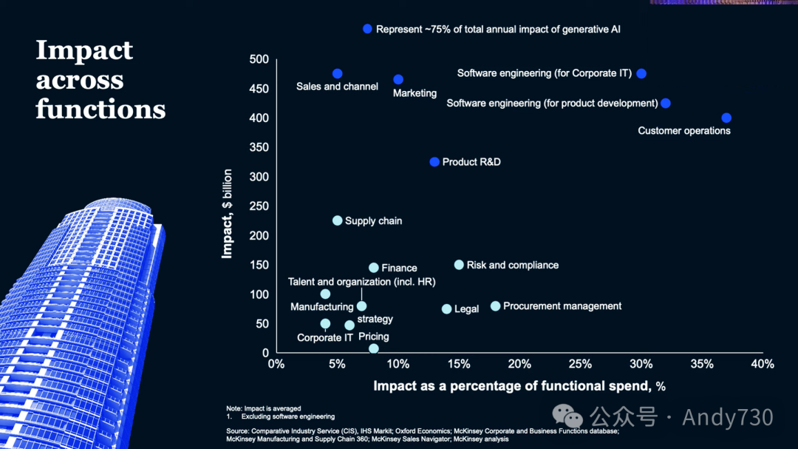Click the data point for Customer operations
[726, 118]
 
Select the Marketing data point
[398, 79]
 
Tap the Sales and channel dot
[337, 73]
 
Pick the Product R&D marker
[434, 161]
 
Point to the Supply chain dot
[337, 220]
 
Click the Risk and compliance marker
[459, 265]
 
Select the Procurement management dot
[495, 306]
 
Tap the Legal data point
[446, 308]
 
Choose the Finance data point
[374, 268]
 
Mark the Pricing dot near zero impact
[374, 348]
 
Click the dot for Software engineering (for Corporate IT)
[641, 73]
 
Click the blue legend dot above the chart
[367, 29]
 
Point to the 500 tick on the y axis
[259, 59]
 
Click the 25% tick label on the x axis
[580, 364]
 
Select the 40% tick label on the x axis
[762, 364]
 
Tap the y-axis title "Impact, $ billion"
[228, 214]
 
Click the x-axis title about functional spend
[519, 385]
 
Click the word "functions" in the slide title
[100, 109]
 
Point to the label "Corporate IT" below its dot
[325, 337]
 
